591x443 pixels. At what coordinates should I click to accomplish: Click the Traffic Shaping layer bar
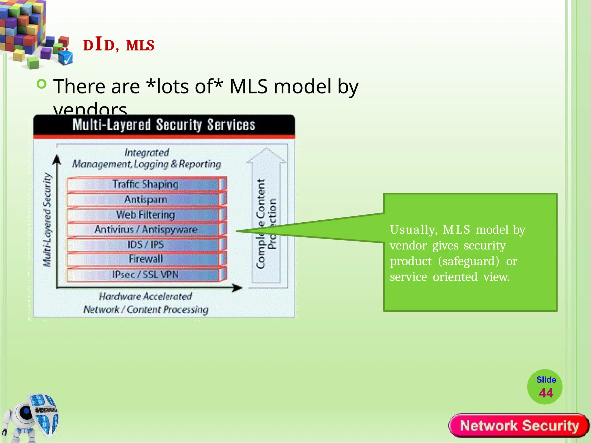point(146,184)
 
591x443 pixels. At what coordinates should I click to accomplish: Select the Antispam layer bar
point(146,200)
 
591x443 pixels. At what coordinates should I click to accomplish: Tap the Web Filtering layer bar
point(146,215)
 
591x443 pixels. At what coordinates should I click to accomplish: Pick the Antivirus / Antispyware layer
point(146,230)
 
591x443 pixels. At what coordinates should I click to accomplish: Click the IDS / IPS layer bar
point(146,245)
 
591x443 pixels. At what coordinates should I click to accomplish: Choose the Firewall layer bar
point(146,259)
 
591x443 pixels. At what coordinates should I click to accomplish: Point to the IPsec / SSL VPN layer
point(146,275)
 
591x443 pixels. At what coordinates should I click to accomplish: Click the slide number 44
point(546,393)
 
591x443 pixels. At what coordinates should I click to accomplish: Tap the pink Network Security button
point(519,426)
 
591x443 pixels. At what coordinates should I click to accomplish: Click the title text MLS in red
point(140,46)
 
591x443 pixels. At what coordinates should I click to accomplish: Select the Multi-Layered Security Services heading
point(164,125)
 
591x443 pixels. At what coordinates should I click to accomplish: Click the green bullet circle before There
point(42,84)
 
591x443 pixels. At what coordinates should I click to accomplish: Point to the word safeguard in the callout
point(468,261)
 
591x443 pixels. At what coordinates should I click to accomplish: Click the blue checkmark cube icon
point(66,59)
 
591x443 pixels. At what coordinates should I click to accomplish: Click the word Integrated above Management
point(147,153)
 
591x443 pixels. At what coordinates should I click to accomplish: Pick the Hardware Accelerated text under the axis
point(145,296)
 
